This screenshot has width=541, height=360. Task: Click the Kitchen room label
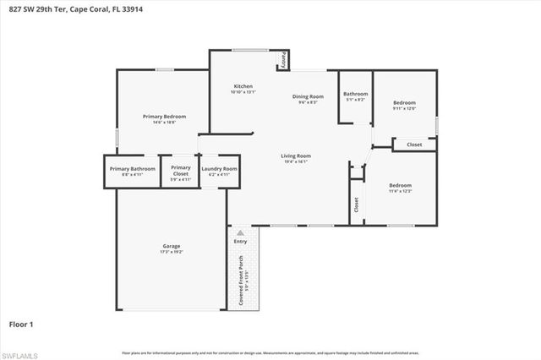coord(243,87)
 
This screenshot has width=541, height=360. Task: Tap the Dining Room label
coord(308,97)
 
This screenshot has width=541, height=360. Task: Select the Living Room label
coord(296,155)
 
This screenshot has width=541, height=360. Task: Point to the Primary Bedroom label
coord(164,117)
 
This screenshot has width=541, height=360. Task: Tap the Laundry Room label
coord(219,169)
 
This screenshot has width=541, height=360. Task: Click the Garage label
coord(172,246)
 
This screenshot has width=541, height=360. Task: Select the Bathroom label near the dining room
coord(355,94)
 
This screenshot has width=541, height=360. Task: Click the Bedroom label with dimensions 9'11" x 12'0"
coord(404,103)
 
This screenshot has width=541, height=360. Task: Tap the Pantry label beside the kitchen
coord(284,61)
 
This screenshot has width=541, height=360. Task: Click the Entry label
coord(241,242)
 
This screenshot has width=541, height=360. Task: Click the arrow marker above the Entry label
coord(241,232)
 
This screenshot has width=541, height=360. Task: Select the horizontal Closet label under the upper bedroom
coord(414,145)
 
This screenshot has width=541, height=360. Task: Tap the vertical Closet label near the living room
coord(356,204)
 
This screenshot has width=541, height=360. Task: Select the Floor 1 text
coord(22,324)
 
